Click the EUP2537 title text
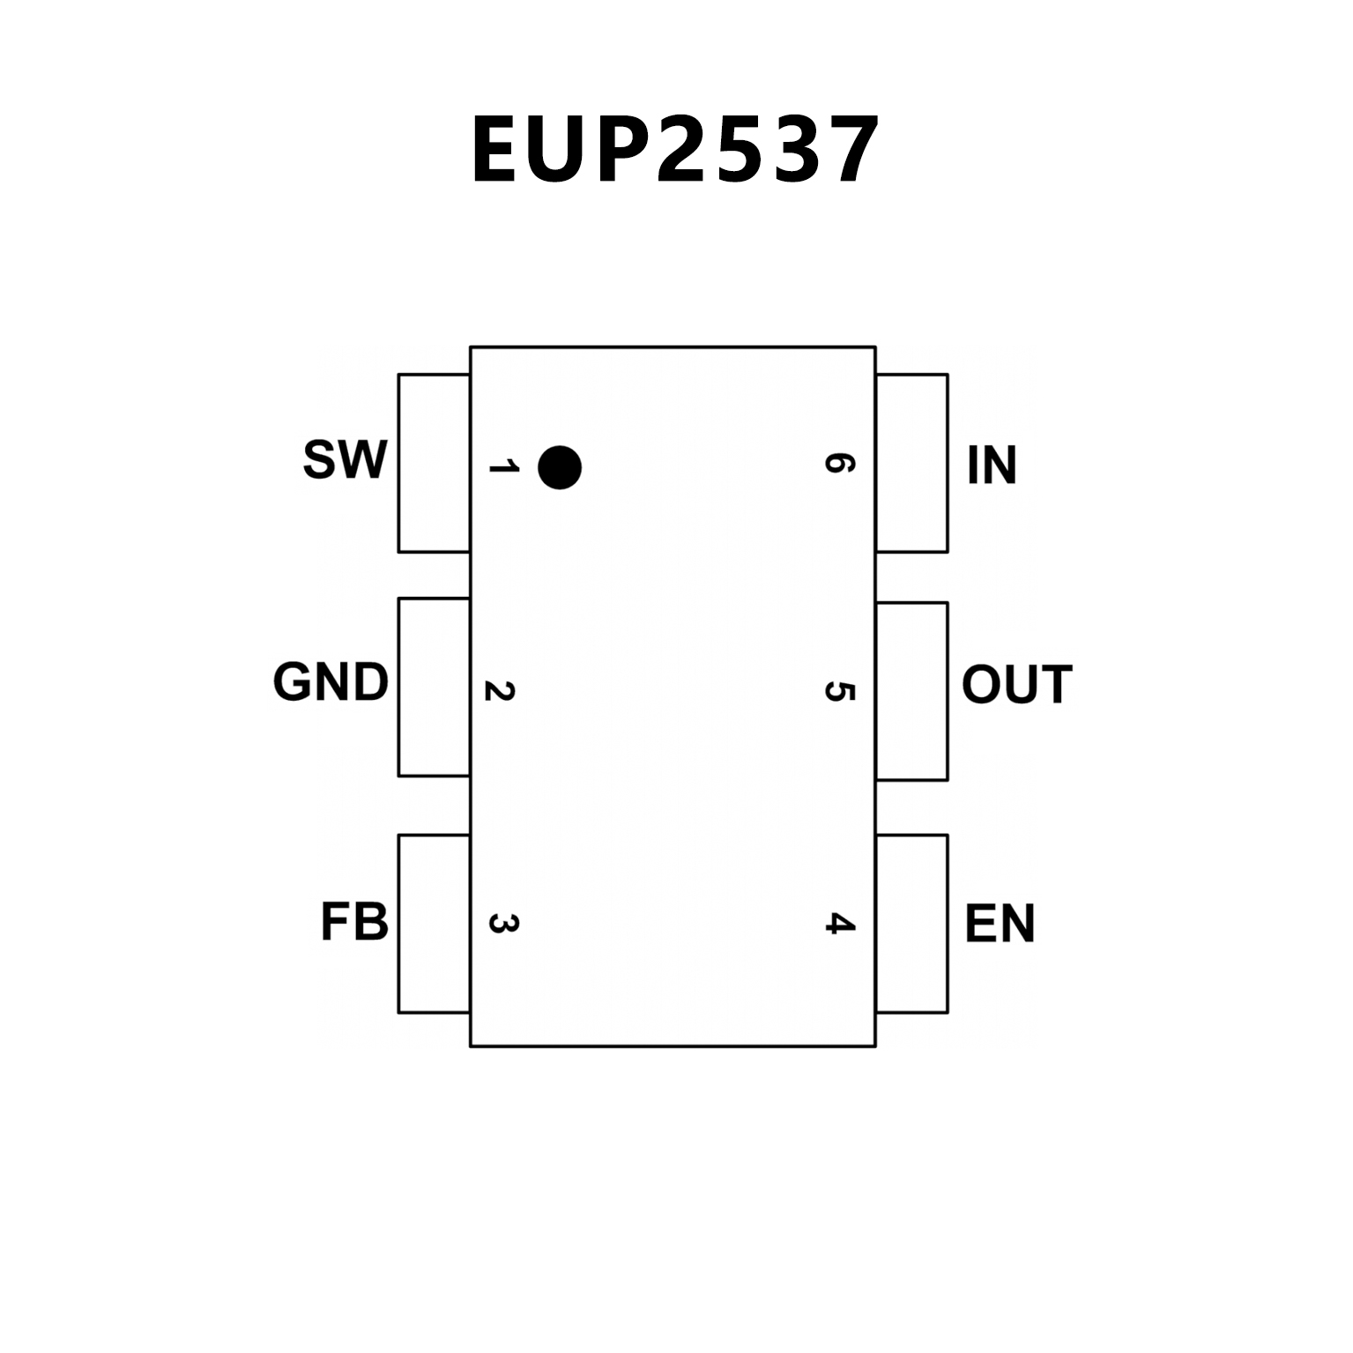[x=675, y=151]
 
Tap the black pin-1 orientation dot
[x=560, y=467]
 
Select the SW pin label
[x=345, y=459]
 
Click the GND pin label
[x=331, y=682]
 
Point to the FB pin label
[x=354, y=923]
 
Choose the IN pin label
[x=992, y=465]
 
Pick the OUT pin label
[x=1016, y=685]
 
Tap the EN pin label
[x=1000, y=924]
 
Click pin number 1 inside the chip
[x=503, y=465]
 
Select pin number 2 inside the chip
[x=500, y=691]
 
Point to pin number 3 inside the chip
[x=503, y=924]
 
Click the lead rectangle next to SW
[x=434, y=463]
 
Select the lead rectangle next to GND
[x=434, y=688]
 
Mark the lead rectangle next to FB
[x=434, y=924]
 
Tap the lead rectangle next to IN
[x=912, y=463]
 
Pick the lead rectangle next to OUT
[x=912, y=692]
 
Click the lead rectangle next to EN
[x=912, y=924]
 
